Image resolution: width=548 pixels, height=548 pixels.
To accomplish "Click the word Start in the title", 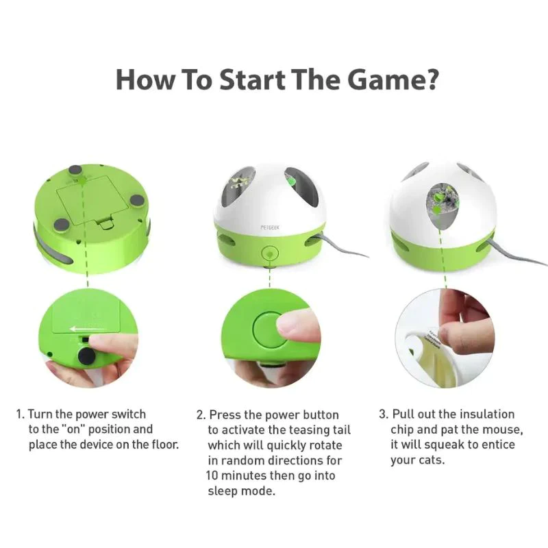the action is [x=251, y=79].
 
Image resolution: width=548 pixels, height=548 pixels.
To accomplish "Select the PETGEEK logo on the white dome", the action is [x=270, y=227].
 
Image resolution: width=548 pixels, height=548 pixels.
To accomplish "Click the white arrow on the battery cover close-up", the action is [x=88, y=329].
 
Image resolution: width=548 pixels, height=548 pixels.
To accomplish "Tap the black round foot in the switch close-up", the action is [x=86, y=356].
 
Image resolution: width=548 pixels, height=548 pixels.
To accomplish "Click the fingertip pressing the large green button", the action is [x=297, y=325].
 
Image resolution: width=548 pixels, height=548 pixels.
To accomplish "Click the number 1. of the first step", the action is [x=21, y=414].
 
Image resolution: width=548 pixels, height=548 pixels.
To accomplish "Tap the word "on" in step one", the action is [x=73, y=429].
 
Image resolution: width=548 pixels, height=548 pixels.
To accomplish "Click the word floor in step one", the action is [x=165, y=444].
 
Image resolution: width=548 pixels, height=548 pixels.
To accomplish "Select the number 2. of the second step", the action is [x=201, y=415].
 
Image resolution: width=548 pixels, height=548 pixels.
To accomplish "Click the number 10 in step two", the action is [x=212, y=475].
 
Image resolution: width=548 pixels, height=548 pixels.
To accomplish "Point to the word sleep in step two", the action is [x=223, y=491].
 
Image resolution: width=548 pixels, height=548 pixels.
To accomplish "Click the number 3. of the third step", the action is [x=384, y=414].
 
